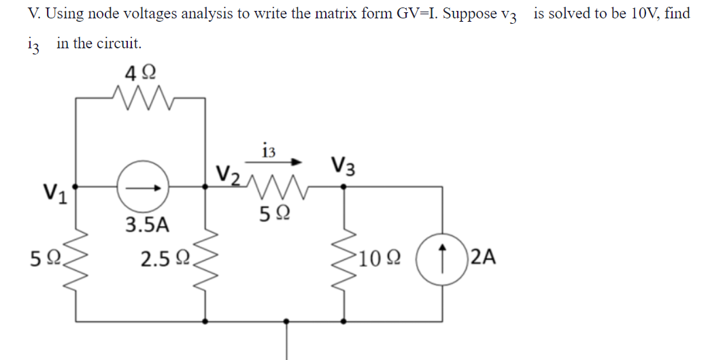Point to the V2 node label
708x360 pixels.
pyautogui.click(x=228, y=173)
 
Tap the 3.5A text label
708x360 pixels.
pyautogui.click(x=146, y=224)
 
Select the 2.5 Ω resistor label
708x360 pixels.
pyautogui.click(x=164, y=259)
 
